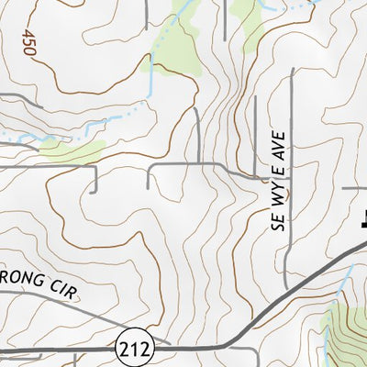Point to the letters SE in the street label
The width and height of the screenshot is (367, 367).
(277, 219)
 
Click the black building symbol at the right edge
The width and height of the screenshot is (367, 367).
(362, 218)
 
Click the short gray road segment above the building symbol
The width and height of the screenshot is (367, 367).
(354, 189)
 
